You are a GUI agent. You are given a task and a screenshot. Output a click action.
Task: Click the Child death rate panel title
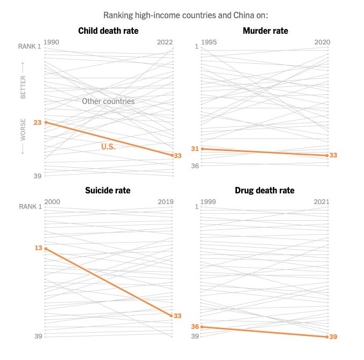coord(108,31)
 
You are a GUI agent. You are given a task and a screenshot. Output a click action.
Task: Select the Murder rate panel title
coord(265,31)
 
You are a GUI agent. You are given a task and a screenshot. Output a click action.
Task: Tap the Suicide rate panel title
coord(108,190)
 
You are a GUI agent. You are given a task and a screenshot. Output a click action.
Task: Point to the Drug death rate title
coord(265,190)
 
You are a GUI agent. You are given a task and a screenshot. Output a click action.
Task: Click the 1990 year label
coord(51,42)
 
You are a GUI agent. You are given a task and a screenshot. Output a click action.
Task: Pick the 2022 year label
coord(165,42)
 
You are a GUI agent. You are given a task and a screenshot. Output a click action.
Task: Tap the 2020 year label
coord(321,42)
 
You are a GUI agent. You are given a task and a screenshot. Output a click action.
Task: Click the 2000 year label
coord(51,202)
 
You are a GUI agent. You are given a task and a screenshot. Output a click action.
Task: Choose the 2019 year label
coord(165,202)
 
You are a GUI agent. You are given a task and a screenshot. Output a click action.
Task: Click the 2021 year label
coord(321,202)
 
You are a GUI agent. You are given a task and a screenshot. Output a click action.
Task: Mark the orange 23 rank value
coord(38,122)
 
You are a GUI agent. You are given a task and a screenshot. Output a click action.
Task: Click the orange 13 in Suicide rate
coord(38,248)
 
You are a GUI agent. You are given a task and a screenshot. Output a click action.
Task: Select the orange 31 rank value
coord(195,148)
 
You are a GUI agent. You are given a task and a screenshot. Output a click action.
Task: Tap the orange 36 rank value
coord(195,326)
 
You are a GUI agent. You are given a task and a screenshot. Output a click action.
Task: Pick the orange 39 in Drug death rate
coord(333,336)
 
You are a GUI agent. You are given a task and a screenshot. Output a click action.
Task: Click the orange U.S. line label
coord(108,146)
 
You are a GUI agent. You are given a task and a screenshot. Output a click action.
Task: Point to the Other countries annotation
coord(108,101)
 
